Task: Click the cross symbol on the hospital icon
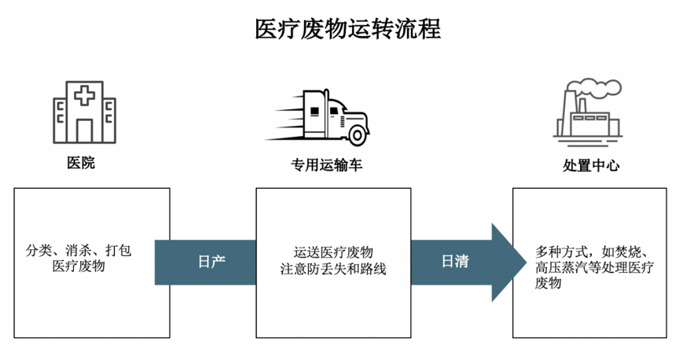point(83,96)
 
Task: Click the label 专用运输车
point(327,165)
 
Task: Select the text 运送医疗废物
point(333,252)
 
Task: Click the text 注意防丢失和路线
point(333,269)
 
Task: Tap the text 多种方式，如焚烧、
point(591,252)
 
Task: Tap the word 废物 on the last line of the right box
point(548,284)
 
